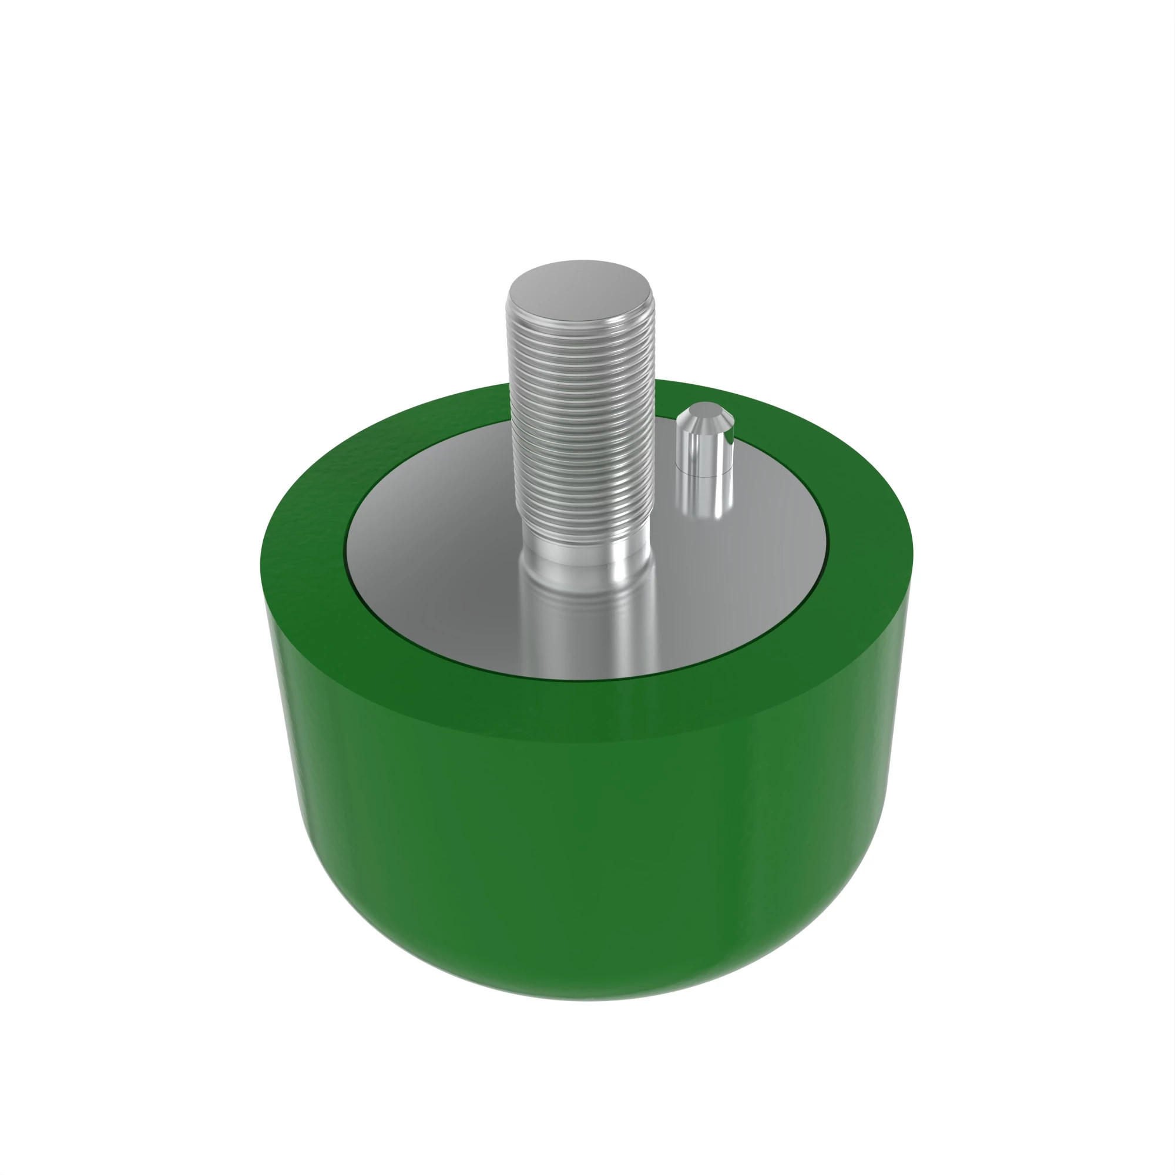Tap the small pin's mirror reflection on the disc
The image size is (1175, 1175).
(706, 499)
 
